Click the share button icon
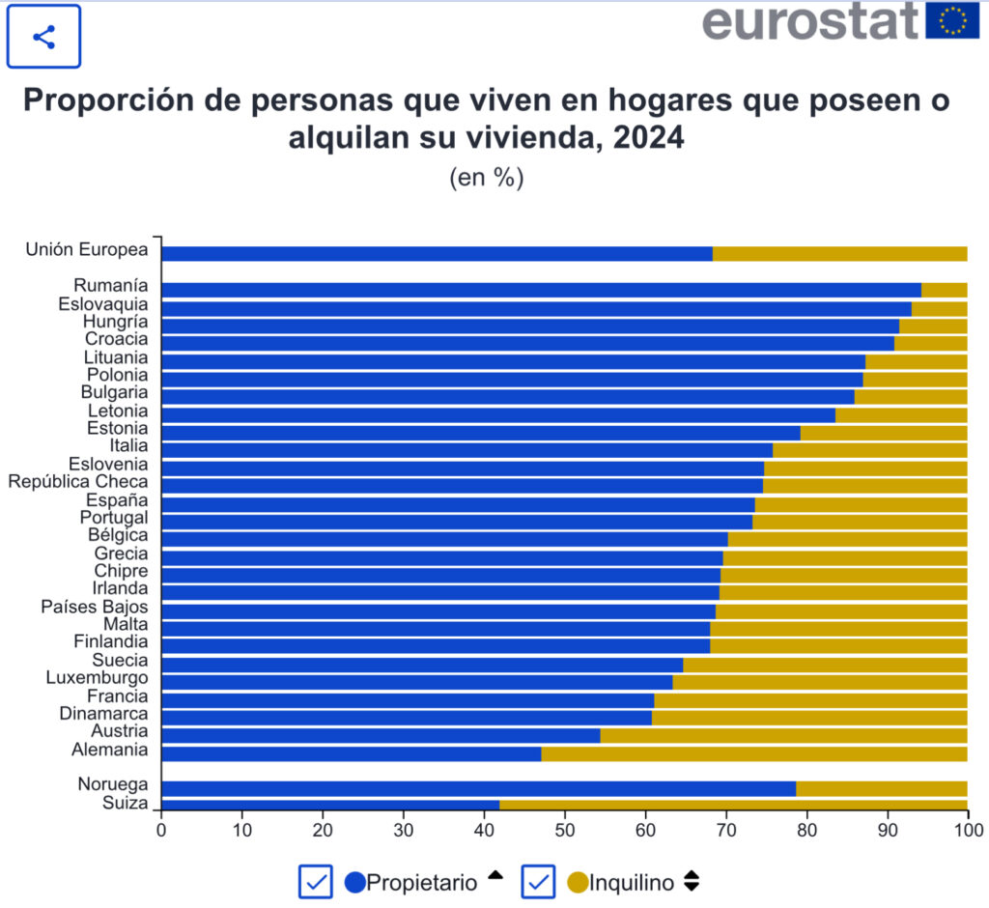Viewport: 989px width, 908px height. tap(43, 38)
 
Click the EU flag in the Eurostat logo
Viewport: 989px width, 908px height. tap(951, 20)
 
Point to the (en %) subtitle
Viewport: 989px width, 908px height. tap(486, 178)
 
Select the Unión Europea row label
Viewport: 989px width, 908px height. tap(87, 249)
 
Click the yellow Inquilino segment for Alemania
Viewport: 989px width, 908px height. tap(753, 753)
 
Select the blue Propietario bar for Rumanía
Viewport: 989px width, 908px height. tap(541, 290)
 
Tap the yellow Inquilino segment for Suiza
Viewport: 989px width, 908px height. tap(733, 804)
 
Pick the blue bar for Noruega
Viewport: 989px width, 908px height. tap(478, 788)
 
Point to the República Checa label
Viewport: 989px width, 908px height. tap(78, 482)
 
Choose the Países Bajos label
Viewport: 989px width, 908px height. tap(95, 607)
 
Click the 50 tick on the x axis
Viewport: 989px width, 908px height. tap(565, 829)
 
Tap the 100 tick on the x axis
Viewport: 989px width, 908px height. tap(967, 829)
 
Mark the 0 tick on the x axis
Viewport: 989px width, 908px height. tap(161, 829)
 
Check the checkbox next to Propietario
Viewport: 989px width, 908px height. tap(316, 881)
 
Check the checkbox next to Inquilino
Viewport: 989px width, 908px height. tap(539, 881)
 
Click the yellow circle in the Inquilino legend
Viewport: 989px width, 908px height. tap(578, 882)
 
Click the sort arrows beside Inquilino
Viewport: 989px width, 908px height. tap(691, 881)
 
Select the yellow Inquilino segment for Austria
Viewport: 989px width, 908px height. tap(783, 735)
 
